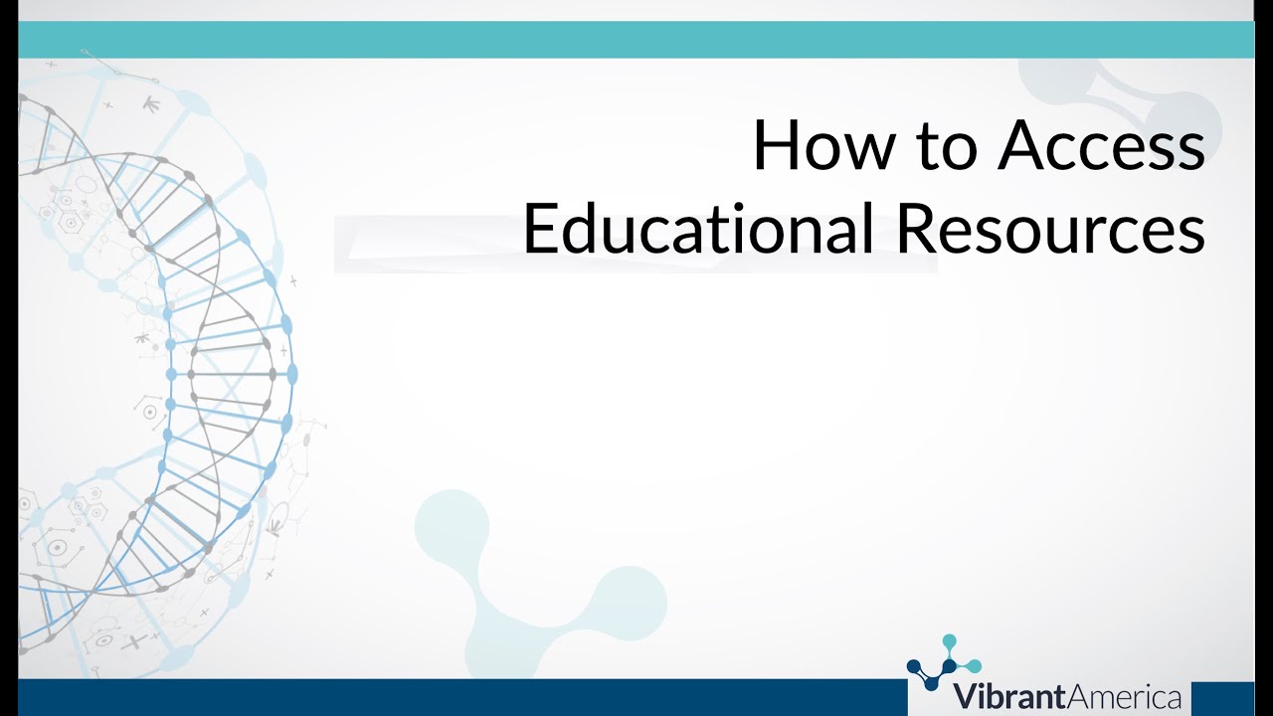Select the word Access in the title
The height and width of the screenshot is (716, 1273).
1102,146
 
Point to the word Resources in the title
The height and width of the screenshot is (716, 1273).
1050,229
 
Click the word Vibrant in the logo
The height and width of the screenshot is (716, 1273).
1003,697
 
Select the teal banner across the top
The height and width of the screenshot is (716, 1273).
636,39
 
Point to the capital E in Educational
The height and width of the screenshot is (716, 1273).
538,229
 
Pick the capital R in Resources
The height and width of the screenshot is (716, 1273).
916,229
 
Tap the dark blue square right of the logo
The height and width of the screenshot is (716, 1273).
1222,698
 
